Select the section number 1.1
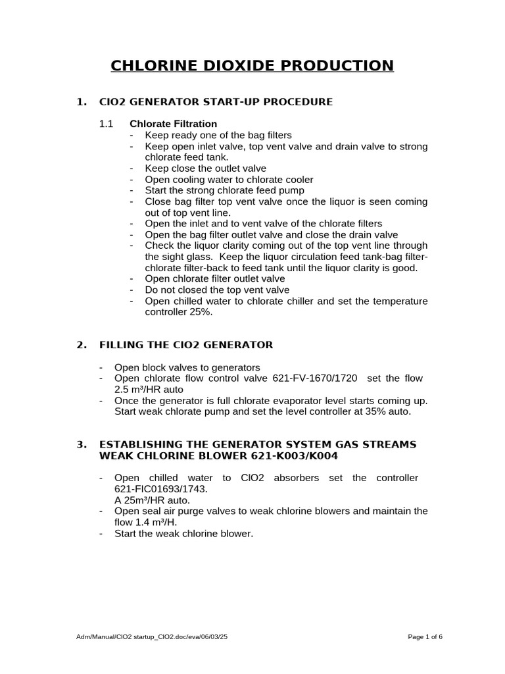pyautogui.click(x=106, y=124)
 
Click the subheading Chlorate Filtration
pyautogui.click(x=173, y=124)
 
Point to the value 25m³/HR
pyautogui.click(x=143, y=500)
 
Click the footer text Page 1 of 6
pyautogui.click(x=425, y=637)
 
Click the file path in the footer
pyautogui.click(x=153, y=637)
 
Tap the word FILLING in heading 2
pyautogui.click(x=122, y=345)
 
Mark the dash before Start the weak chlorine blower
pyautogui.click(x=101, y=533)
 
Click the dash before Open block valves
pyautogui.click(x=101, y=367)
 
